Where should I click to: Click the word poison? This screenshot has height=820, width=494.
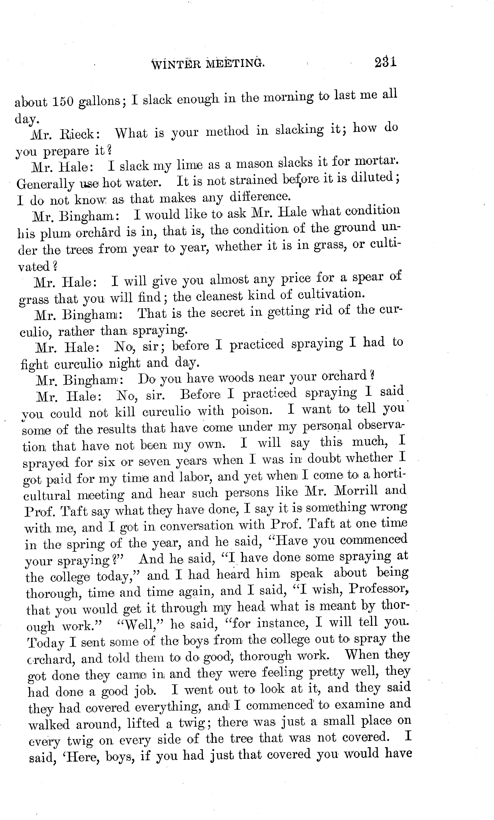click(x=251, y=411)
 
